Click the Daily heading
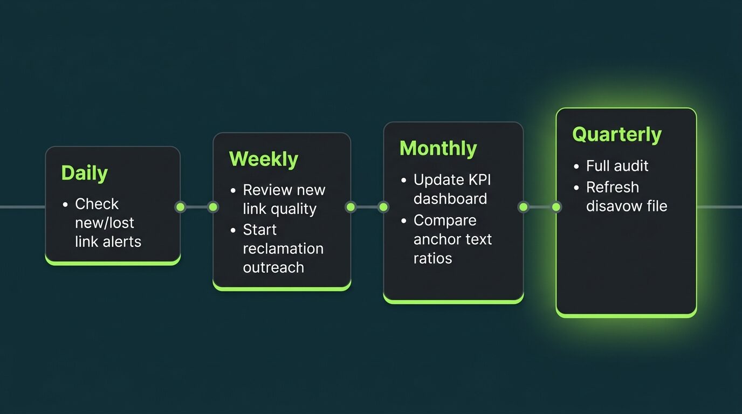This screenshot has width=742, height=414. pos(85,173)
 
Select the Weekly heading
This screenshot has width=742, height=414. pos(264,159)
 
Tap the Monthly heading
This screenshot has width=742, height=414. pos(438,148)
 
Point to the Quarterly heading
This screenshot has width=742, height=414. pos(617,134)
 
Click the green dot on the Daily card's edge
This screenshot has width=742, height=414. pos(181,208)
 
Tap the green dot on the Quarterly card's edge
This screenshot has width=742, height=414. pos(556,208)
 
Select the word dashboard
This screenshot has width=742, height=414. pos(450,199)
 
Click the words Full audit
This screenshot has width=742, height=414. pos(617,165)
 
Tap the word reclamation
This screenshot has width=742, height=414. pos(283,249)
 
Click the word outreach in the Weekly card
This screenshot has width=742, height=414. pos(273,267)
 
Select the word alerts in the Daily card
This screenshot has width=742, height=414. pos(122,241)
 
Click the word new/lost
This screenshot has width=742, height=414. pos(105,223)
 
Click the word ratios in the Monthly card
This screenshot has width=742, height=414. pos(432,258)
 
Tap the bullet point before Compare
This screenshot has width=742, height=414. pos(403,221)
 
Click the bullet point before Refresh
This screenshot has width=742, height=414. pos(576,188)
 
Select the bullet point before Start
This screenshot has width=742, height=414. pos(233,230)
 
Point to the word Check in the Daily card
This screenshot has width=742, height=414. pos(97,204)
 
